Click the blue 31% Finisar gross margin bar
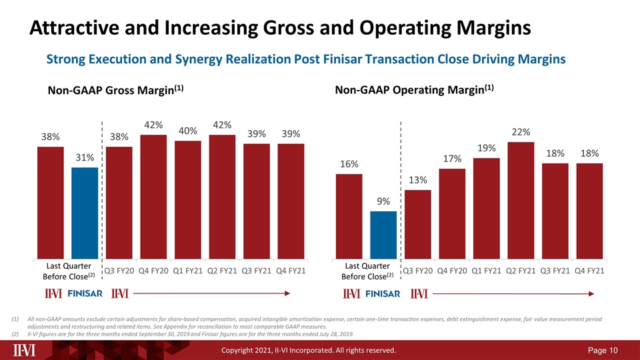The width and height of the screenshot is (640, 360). coord(85,213)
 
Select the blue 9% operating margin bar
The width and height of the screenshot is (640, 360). coord(383,235)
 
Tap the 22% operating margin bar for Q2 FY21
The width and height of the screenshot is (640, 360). coord(521,201)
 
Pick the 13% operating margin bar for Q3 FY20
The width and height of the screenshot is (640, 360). coord(417,225)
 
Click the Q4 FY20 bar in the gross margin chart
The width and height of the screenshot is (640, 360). coord(153,197)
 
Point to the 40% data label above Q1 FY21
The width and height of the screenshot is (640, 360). coord(188,131)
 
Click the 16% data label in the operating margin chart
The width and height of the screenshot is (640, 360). coord(349,164)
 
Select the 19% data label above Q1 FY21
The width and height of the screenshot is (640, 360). coord(487,148)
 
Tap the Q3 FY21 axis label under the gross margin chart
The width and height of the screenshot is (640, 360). coord(256,271)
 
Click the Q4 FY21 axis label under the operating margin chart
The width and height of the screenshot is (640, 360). coord(589,271)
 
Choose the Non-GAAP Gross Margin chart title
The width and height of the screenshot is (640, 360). coord(115,90)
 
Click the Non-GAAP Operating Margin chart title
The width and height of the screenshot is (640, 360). coord(414,89)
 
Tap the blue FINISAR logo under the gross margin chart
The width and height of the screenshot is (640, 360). coord(85,293)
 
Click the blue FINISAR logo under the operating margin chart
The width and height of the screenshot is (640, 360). coord(383,294)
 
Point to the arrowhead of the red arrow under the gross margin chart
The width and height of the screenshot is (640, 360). coord(288,293)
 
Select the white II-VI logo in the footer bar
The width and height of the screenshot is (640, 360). coord(24,350)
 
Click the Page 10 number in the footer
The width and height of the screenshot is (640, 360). coord(603,350)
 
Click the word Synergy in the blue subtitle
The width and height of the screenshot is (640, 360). coord(199,59)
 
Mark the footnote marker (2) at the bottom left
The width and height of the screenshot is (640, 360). coord(15,334)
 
